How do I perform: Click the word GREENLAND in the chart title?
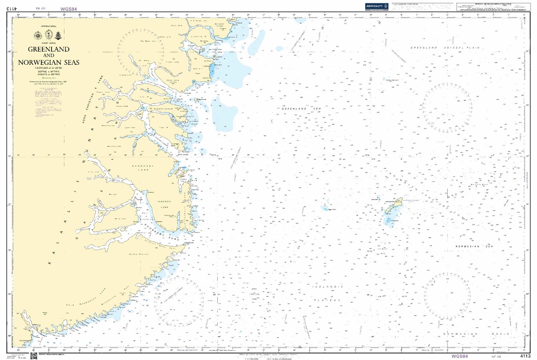click(x=48, y=49)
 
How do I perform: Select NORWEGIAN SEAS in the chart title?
click(x=48, y=62)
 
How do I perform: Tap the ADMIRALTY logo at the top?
click(x=377, y=6)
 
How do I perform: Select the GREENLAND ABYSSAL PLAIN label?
click(x=445, y=48)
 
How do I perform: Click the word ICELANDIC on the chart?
click(x=328, y=287)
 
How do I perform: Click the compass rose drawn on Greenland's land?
click(x=141, y=52)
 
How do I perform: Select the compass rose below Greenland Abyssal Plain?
click(x=447, y=108)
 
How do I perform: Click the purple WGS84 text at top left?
click(x=68, y=8)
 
